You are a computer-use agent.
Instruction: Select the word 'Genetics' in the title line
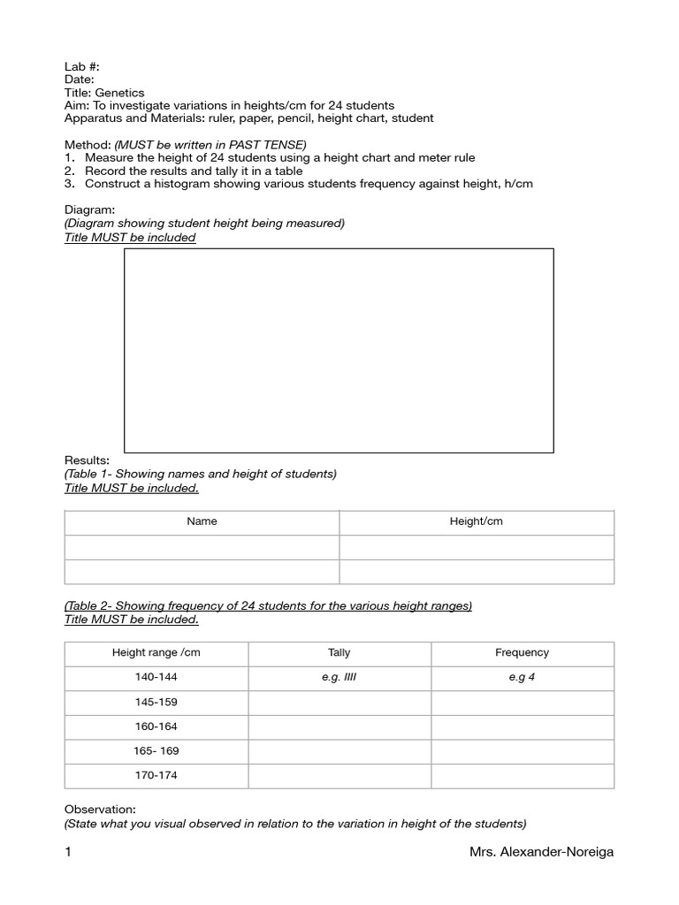121,92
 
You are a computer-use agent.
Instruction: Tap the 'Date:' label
80,80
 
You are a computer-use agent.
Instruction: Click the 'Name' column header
202,521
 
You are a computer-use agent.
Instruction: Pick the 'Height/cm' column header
476,521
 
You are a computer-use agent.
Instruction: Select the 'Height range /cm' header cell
156,653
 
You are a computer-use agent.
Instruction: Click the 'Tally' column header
339,653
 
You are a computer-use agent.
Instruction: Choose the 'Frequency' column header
522,653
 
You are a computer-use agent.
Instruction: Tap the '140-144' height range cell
156,678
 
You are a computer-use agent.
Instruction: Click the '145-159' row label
156,702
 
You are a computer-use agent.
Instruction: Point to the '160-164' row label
156,726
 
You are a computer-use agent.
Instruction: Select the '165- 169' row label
156,751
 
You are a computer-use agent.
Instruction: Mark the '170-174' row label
156,775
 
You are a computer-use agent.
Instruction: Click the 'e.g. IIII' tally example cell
339,678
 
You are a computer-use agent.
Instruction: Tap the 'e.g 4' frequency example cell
522,678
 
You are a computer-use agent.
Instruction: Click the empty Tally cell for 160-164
339,726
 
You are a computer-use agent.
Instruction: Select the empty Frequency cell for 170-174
522,775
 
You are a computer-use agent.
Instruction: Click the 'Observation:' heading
100,810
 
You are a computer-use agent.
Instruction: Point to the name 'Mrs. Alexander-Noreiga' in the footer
542,852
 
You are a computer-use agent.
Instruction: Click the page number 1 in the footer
68,852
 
